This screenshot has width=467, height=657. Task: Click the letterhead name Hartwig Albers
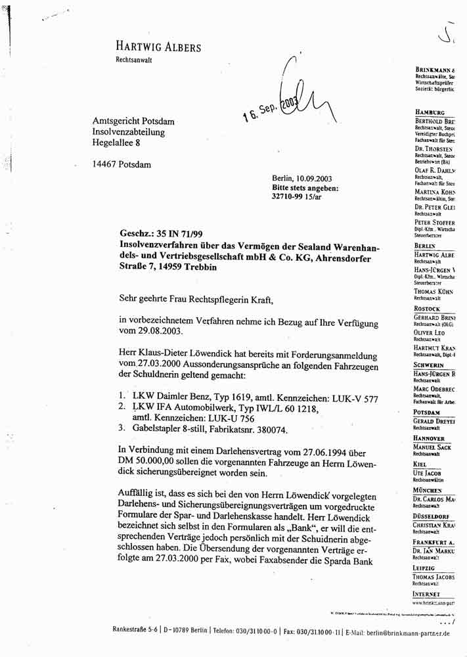158,47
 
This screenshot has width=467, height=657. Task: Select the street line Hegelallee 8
120,143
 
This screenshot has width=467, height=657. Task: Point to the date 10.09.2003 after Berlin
314,178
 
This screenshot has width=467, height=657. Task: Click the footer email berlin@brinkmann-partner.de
403,633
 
